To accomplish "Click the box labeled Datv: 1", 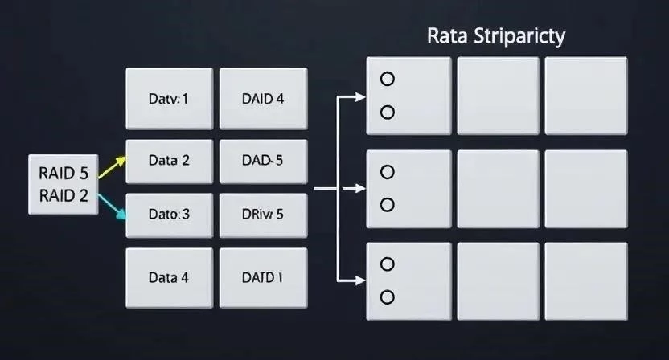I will click(x=169, y=100).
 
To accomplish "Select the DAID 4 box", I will click(x=263, y=100).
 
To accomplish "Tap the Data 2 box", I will click(x=169, y=160).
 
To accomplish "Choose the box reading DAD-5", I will click(x=263, y=160).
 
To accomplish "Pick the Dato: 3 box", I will click(x=169, y=215).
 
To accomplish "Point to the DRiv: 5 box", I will click(x=263, y=215).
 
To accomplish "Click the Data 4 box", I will click(x=169, y=277).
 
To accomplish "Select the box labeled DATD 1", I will click(x=263, y=277).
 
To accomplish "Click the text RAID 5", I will click(x=63, y=172).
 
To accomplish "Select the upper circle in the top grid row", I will click(x=388, y=79).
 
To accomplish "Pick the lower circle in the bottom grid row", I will click(x=388, y=297).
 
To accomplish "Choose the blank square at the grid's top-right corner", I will click(x=585, y=96).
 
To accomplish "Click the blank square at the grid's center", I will click(x=498, y=189).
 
